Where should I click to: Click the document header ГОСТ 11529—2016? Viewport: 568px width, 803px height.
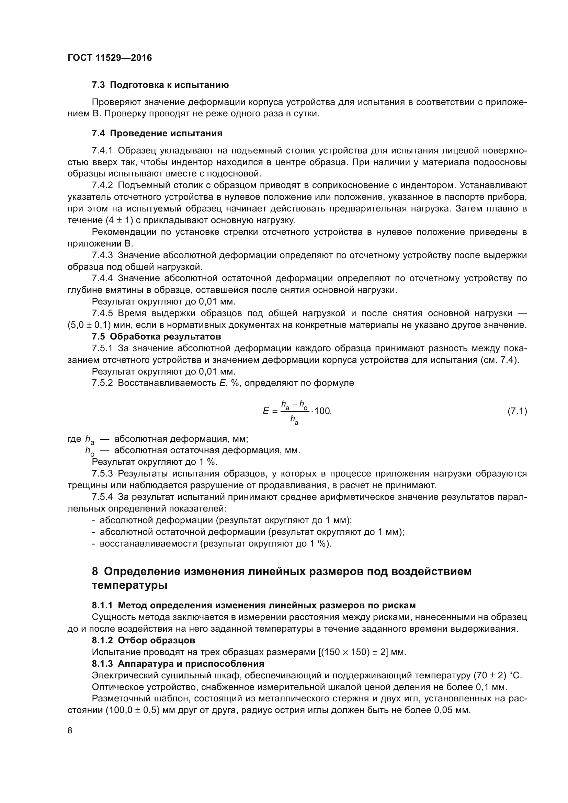tap(110, 58)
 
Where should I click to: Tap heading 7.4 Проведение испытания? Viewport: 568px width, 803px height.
tap(157, 133)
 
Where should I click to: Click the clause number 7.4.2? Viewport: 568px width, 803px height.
tap(102, 185)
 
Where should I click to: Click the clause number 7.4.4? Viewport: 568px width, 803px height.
tap(102, 278)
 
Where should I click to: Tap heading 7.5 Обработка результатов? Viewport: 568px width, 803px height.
tap(156, 336)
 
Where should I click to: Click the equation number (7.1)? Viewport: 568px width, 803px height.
tap(517, 411)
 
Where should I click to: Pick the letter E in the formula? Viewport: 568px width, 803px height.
tap(266, 411)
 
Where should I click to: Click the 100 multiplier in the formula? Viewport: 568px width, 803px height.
tap(322, 411)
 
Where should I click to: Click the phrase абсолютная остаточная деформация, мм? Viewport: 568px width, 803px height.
tap(207, 450)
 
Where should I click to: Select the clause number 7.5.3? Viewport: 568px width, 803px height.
tap(102, 473)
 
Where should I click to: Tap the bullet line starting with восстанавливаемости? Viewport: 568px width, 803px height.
tap(215, 543)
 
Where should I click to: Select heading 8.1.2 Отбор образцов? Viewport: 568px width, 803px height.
tap(144, 640)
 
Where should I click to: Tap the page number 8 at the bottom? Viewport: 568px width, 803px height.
tap(70, 731)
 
